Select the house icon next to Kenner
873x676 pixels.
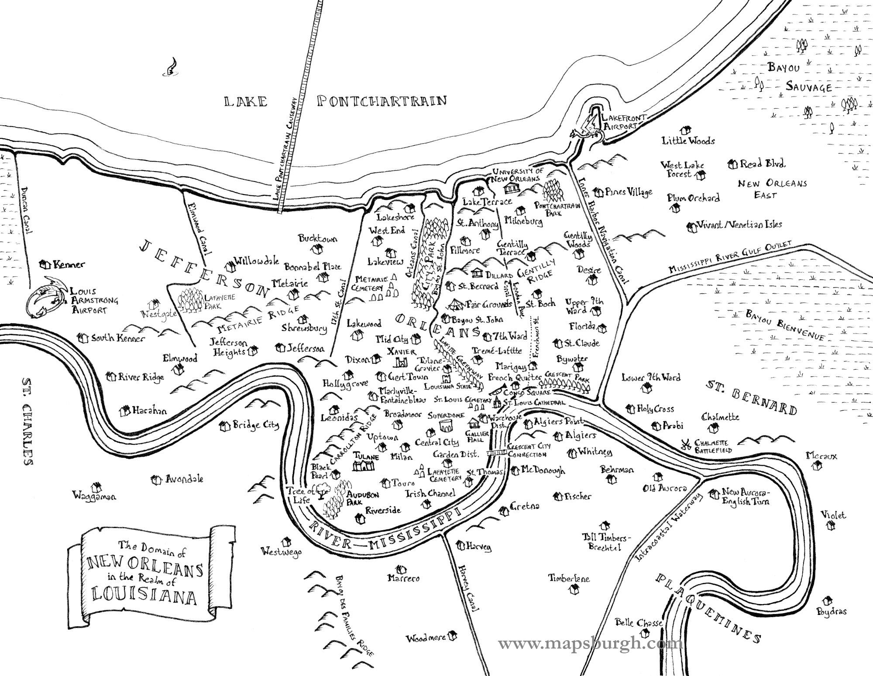tap(44, 264)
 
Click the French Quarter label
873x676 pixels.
tap(514, 377)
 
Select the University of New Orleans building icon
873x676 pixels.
tap(512, 188)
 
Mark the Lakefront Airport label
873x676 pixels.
tap(623, 122)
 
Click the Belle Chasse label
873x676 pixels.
tap(639, 623)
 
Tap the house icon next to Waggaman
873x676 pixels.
tap(95, 486)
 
